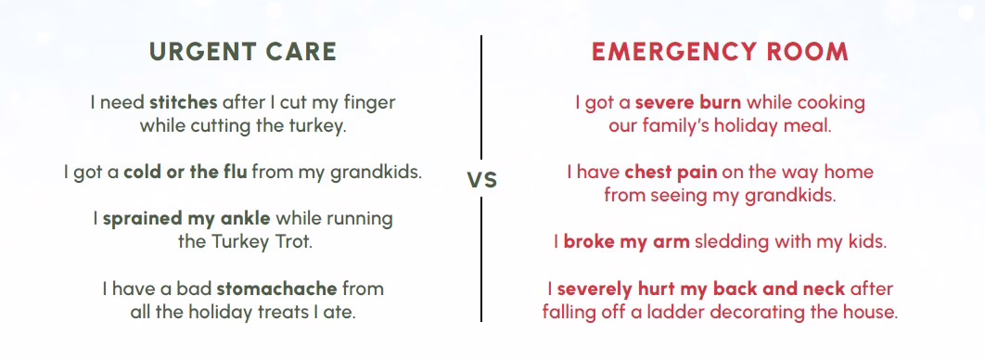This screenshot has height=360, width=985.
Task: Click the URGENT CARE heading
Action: click(x=243, y=52)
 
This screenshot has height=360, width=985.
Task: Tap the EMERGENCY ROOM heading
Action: click(x=720, y=52)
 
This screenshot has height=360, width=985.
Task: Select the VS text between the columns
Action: click(x=481, y=180)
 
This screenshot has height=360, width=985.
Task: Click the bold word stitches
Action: click(x=184, y=102)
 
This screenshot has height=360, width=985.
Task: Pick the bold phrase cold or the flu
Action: click(x=185, y=172)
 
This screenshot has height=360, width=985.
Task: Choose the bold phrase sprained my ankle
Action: click(x=186, y=219)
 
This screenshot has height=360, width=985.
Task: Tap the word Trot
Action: click(x=291, y=242)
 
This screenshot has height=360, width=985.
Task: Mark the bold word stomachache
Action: click(x=277, y=289)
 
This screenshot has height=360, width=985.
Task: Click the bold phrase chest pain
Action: click(x=671, y=173)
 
